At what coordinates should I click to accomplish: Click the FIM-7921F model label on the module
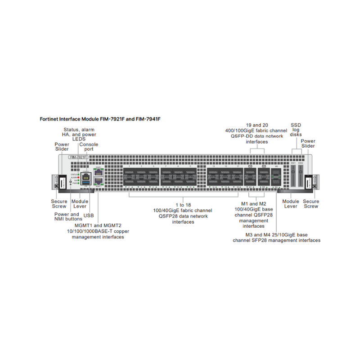coord(78,157)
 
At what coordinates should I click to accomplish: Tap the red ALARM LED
coord(79,177)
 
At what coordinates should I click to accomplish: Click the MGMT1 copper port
coord(99,172)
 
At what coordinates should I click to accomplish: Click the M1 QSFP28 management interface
coord(250,176)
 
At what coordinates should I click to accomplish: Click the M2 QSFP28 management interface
coord(263,176)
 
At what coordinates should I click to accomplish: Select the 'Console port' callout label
coord(88,147)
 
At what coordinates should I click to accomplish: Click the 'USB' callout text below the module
coord(88,216)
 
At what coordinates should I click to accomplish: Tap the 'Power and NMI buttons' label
coord(67,217)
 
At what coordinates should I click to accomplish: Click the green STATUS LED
coord(79,173)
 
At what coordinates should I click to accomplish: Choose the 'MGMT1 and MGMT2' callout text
coord(98,225)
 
